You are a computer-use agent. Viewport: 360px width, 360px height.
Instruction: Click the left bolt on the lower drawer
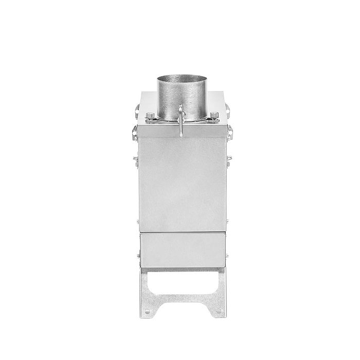(139, 255)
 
